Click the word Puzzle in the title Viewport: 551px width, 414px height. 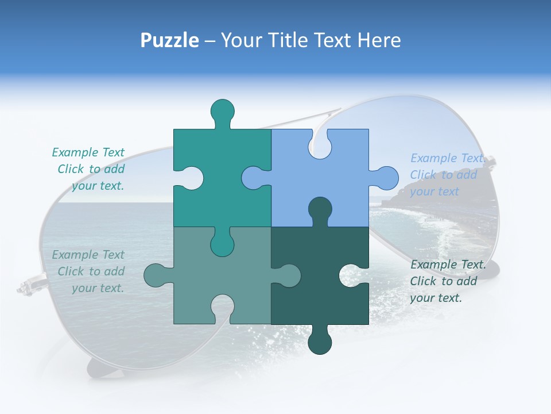pos(170,40)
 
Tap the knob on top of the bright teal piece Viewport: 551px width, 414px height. pos(223,111)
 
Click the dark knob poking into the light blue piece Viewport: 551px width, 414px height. pos(320,209)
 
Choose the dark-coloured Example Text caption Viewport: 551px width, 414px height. pos(447,281)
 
